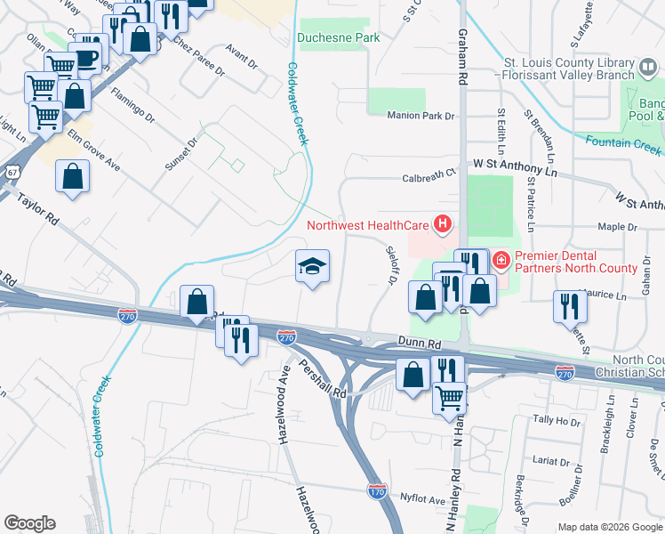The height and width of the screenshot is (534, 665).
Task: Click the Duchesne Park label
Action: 338,37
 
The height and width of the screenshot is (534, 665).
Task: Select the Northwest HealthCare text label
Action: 368,225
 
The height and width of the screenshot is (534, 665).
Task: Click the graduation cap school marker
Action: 312,266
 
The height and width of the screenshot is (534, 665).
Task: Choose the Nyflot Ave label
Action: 421,500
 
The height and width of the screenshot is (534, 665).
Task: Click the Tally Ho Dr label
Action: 556,420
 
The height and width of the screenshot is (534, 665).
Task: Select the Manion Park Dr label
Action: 420,116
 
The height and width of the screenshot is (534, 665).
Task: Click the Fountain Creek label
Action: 623,143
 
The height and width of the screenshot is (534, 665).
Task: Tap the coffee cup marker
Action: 88,58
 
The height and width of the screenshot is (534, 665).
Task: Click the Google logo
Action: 30,523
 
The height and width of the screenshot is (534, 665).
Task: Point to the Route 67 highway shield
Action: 9,171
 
